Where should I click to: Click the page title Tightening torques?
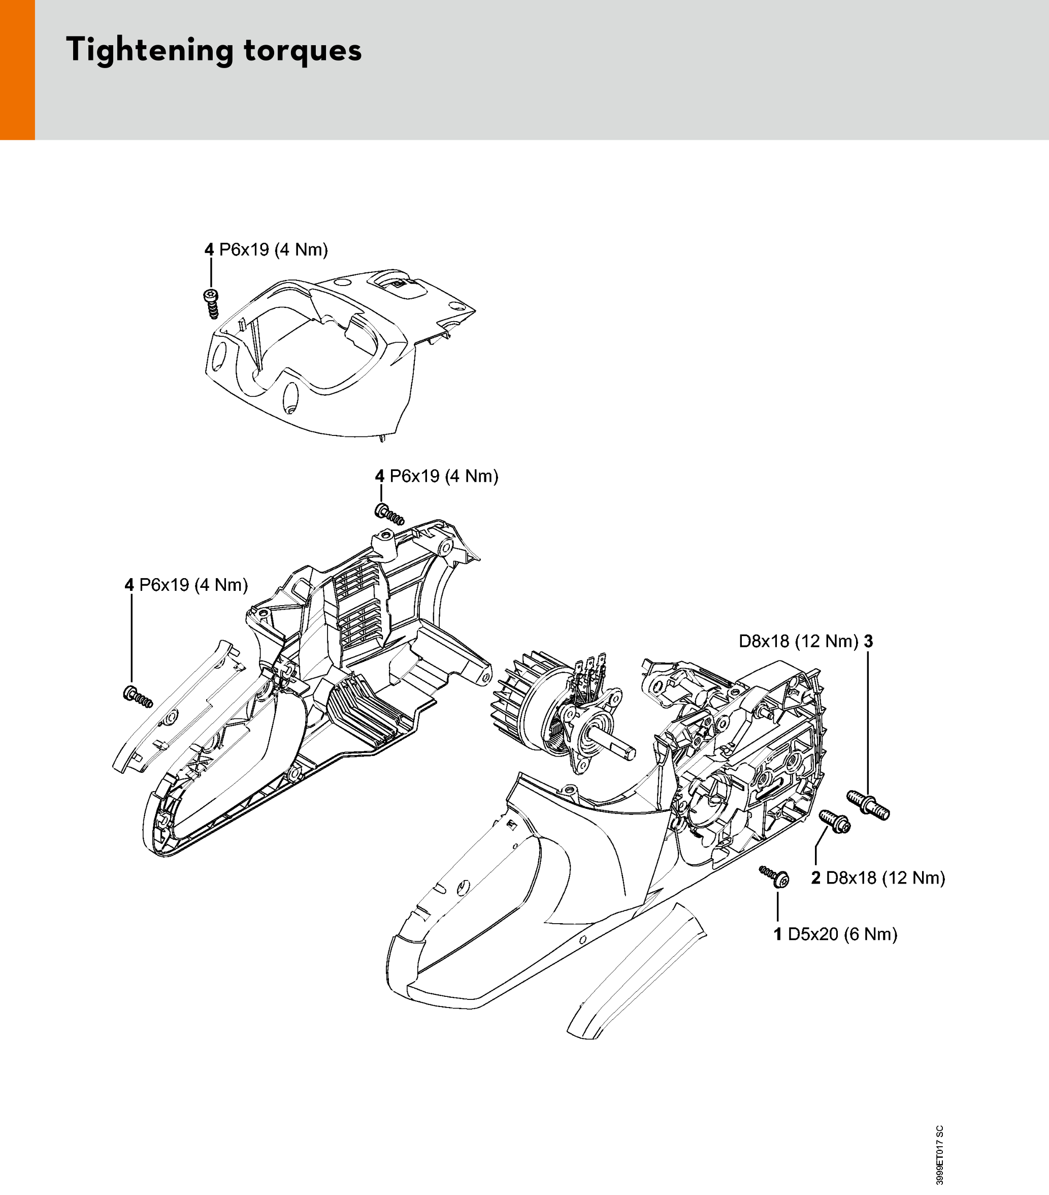coord(214,50)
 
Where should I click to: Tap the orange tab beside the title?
coord(18,70)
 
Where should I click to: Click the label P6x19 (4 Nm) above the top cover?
coord(266,249)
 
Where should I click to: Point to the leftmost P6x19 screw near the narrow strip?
coord(138,696)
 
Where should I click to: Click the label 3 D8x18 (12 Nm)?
coord(806,641)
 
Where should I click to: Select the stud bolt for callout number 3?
coord(868,805)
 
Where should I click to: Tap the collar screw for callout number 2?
coord(835,822)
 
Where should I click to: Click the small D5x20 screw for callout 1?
coord(774,877)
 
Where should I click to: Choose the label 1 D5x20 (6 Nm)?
coord(836,934)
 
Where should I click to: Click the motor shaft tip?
coord(628,752)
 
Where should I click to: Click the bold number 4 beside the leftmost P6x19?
coord(129,585)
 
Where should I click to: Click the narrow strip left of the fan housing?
coord(175,707)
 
